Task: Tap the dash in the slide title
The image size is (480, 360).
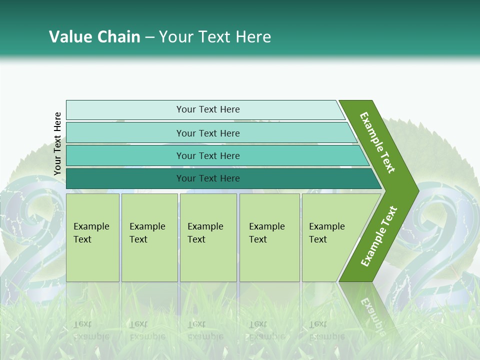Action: [x=149, y=37]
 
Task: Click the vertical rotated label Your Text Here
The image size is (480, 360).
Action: [x=57, y=144]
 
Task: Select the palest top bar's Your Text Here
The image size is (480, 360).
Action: [x=208, y=109]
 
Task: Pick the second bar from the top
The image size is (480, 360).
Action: [x=208, y=133]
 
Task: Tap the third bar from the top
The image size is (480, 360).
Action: [x=208, y=155]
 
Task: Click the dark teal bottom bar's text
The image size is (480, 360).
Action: [x=208, y=178]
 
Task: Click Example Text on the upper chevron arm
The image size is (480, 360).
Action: [x=377, y=142]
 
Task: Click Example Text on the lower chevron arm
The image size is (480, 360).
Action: [x=379, y=236]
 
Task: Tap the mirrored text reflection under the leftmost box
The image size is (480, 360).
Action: [x=92, y=330]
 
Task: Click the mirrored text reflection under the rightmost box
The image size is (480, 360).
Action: [x=327, y=330]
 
